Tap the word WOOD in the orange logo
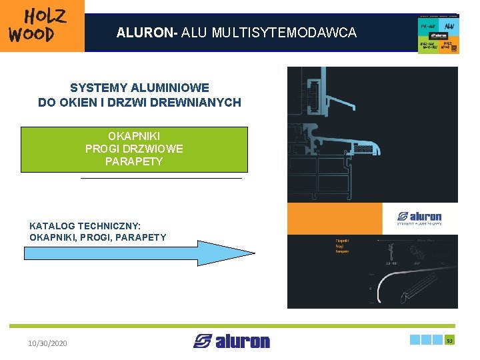pos(31,34)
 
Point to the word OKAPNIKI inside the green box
pos(134,137)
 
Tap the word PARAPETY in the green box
pos(134,161)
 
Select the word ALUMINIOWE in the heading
pos(171,88)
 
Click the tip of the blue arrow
pos(253,253)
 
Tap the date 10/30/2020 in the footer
pos(47,343)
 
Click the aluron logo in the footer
pos(232,341)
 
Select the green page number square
pos(450,340)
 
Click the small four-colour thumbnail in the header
pos(438,34)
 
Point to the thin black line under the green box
pos(161,179)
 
